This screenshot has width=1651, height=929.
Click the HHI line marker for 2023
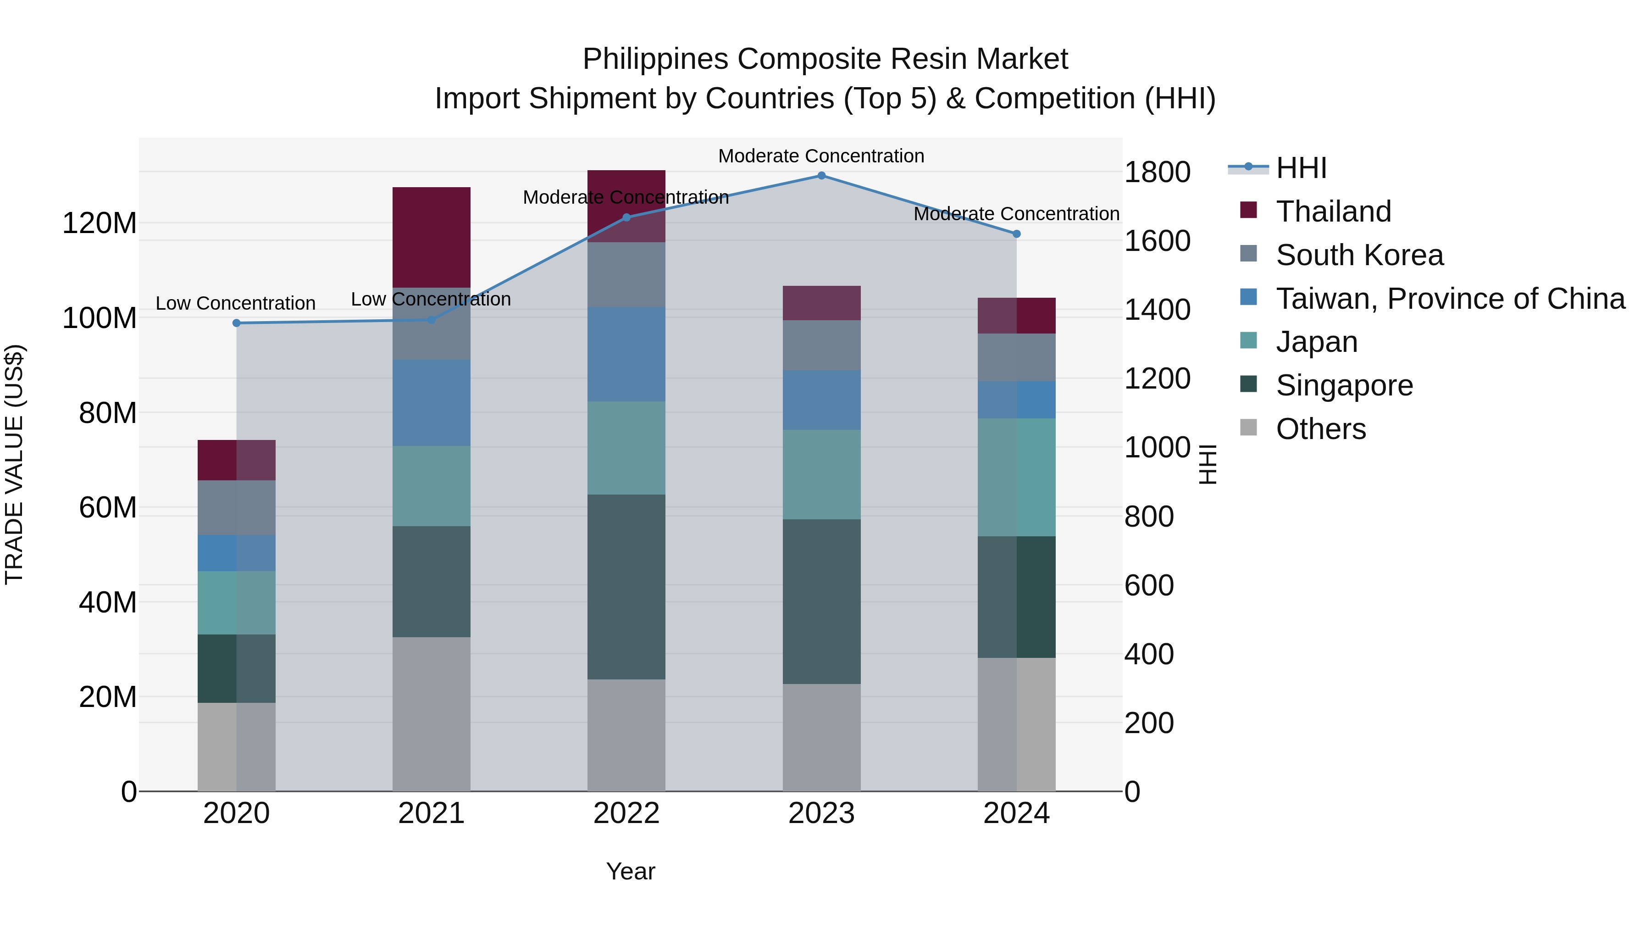821,176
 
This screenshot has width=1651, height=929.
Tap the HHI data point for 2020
237,323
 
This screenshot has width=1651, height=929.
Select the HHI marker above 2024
1016,234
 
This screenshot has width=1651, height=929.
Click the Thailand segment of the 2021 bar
432,237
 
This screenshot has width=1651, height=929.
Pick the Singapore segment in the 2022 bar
626,587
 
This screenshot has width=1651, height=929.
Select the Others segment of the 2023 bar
821,737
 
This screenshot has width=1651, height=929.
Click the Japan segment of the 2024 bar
1016,477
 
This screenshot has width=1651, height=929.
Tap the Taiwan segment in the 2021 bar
432,403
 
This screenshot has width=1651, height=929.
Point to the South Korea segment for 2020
237,508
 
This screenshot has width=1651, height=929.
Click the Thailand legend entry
1333,211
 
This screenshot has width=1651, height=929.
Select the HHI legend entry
1301,168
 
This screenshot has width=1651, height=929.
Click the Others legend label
1320,429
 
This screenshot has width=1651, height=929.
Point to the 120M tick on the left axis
100,223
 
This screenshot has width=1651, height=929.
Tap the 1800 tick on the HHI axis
1157,172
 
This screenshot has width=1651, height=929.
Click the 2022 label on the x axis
626,813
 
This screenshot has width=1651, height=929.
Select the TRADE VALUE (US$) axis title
14,464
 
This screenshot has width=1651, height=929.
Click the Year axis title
631,871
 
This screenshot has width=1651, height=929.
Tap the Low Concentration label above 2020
235,303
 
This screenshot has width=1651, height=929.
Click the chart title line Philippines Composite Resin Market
825,59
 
